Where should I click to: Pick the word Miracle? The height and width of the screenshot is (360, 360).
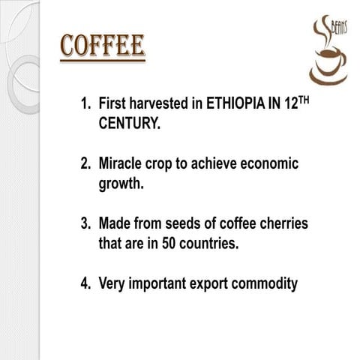click(x=124, y=163)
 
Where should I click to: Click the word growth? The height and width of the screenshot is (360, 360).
click(x=121, y=182)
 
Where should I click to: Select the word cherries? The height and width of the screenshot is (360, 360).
click(x=283, y=223)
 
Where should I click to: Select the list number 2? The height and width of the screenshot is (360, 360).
click(x=85, y=163)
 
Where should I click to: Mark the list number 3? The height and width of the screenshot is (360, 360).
click(x=85, y=223)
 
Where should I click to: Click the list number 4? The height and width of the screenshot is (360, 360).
click(x=85, y=283)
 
